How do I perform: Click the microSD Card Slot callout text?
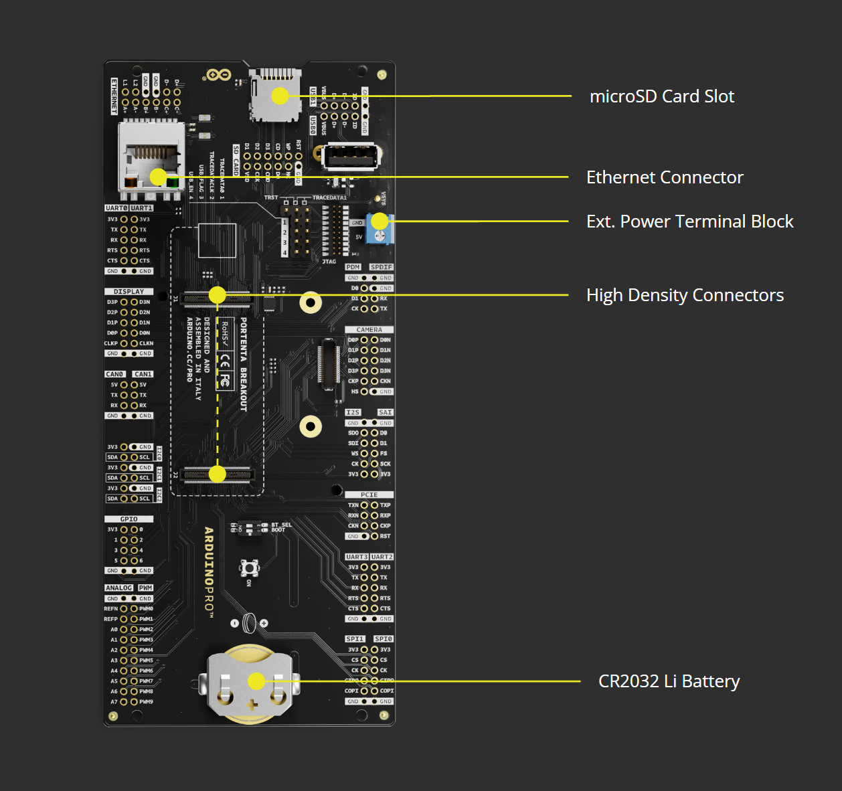click(x=661, y=96)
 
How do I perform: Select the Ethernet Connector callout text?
click(x=664, y=177)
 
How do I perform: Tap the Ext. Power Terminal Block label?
click(x=689, y=222)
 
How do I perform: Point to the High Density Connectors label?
click(x=684, y=295)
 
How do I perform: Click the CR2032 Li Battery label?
click(x=669, y=681)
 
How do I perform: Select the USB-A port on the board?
click(x=351, y=158)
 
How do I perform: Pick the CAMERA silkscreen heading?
click(x=369, y=330)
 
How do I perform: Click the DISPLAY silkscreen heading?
click(x=129, y=292)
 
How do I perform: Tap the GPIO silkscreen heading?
click(x=129, y=519)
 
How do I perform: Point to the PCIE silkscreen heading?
click(x=369, y=495)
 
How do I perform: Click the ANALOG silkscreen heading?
click(x=118, y=588)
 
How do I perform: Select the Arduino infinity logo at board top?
click(x=219, y=74)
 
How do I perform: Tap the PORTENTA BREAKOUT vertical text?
click(x=243, y=364)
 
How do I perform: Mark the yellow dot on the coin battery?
click(x=256, y=681)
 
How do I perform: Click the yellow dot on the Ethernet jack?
click(x=158, y=177)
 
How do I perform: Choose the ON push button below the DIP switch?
click(x=249, y=568)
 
